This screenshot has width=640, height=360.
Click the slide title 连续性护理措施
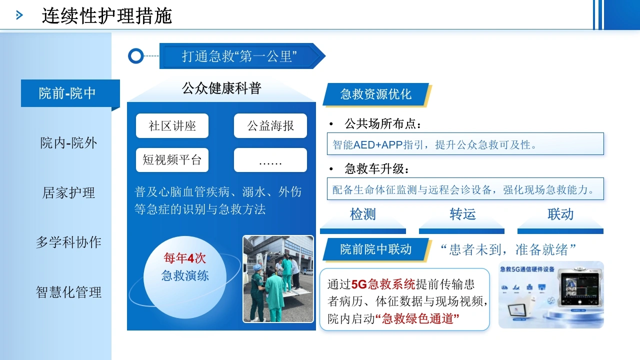pos(107,15)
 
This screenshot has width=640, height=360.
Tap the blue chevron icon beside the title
pos(19,15)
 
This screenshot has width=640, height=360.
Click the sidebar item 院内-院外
pos(68,143)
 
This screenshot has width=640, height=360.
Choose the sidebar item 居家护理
pos(68,192)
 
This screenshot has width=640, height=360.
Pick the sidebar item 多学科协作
pos(68,242)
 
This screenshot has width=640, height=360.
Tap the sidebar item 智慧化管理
pos(68,292)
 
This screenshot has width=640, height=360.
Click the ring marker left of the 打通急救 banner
pos(135,55)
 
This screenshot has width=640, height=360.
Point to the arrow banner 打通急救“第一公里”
pos(242,56)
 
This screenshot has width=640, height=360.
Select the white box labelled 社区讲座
pos(172,125)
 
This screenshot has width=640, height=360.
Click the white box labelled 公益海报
pos(270,125)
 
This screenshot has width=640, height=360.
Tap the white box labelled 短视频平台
pos(172,160)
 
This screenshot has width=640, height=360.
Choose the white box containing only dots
pos(270,160)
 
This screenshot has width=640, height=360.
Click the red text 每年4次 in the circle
pos(185,258)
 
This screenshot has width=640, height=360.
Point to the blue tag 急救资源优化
pos(376,94)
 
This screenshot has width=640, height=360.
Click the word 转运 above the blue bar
pos(462,214)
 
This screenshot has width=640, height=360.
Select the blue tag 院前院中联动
pos(376,249)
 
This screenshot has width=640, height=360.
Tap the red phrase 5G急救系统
pos(383,284)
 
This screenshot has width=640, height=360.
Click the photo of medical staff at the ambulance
pos(278,279)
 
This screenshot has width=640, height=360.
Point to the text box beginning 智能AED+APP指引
pos(465,143)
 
